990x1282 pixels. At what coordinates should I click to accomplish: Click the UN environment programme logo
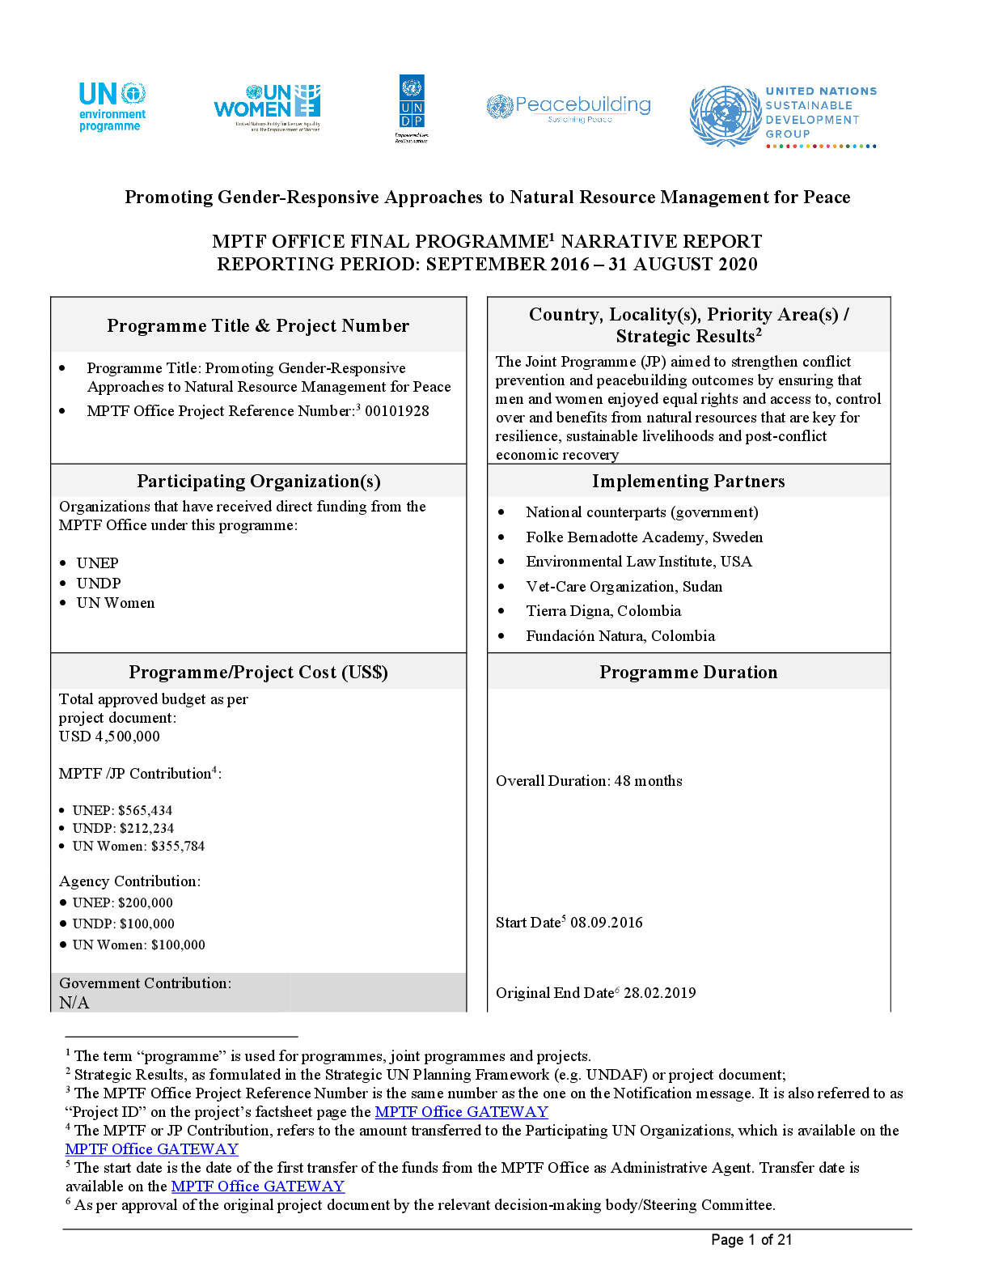pos(112,107)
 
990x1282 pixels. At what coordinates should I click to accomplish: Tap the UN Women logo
pos(267,107)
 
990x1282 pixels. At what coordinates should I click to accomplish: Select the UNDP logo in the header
pos(412,108)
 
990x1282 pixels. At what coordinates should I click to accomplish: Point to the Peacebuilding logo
pos(569,108)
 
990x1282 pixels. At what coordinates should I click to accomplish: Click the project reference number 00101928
pos(397,411)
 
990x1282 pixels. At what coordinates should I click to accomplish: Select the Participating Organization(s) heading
pos(259,482)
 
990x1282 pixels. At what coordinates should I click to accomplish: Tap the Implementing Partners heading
pos(688,482)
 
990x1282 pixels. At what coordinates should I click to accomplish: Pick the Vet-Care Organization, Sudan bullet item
pos(624,587)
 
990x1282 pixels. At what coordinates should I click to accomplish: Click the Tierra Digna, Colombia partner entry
pos(603,610)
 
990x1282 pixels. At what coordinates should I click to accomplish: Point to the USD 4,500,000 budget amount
pos(109,737)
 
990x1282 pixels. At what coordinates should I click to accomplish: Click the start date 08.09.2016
pos(606,923)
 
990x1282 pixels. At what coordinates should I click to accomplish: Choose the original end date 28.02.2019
pos(660,993)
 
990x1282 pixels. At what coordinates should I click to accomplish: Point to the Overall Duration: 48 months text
pos(589,781)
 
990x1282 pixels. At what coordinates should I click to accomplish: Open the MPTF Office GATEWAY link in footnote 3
pos(461,1112)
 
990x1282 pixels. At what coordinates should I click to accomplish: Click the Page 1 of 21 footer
pos(751,1240)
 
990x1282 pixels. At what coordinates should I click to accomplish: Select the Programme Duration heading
pos(688,672)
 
